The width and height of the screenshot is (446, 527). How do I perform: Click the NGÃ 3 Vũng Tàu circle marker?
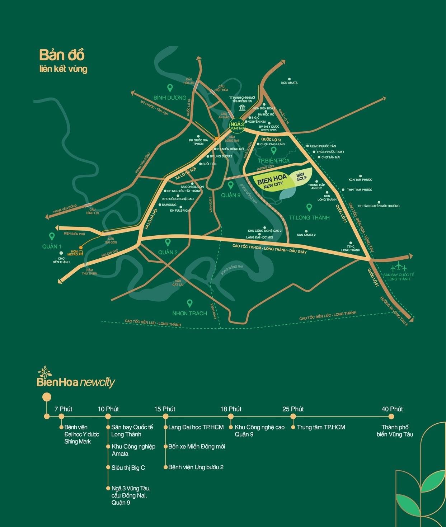coord(236,125)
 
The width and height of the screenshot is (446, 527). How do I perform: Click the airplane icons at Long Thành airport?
coord(398,267)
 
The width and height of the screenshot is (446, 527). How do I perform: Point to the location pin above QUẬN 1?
coord(52,236)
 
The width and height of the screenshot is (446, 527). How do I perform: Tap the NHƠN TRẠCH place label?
coord(189,313)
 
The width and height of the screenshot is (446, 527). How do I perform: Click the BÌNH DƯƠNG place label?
coord(170,98)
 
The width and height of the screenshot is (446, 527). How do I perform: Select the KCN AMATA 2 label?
coord(306,235)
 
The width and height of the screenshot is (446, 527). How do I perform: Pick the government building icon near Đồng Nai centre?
coord(242,109)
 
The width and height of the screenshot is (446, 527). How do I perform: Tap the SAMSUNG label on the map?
coord(169,205)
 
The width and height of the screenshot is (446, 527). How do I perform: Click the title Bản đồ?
coord(62,55)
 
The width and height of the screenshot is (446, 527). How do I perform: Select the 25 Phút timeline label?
coord(293,409)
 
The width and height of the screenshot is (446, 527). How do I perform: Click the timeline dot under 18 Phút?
coord(231,417)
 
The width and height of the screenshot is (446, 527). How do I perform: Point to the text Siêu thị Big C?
coord(128,467)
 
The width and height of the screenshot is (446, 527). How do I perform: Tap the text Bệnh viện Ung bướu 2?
coord(196,467)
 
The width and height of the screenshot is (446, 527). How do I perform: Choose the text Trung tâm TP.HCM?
coord(321,427)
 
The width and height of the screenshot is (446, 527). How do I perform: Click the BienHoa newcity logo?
coord(76,379)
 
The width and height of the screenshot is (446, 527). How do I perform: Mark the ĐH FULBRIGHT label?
coord(181,211)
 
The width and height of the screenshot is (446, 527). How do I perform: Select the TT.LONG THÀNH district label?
coord(309,217)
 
